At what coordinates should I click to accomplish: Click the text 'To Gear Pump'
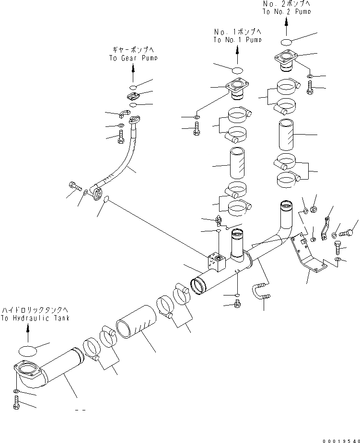coord(133,58)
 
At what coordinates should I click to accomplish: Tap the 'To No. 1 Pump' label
coord(237,40)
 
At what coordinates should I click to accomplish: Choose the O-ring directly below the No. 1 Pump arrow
coord(237,70)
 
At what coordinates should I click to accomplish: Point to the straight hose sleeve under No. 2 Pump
coord(287,136)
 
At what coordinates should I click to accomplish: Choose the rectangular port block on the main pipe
coord(216,260)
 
